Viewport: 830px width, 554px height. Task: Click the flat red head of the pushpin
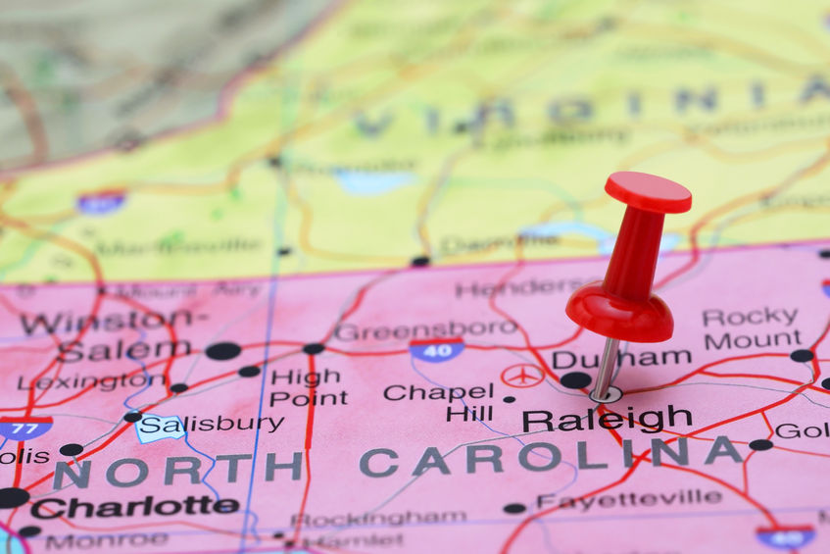(648, 191)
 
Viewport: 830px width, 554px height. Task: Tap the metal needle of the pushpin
(606, 368)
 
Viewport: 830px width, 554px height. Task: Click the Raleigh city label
(607, 420)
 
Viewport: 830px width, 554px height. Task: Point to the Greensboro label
(425, 330)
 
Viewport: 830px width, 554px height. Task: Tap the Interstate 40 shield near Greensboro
(437, 349)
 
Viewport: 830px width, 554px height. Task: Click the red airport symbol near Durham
(522, 376)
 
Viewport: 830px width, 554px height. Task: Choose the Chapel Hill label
(438, 402)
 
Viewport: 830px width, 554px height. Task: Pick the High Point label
(308, 387)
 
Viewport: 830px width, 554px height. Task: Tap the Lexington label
(92, 381)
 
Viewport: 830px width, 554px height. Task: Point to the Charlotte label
(134, 507)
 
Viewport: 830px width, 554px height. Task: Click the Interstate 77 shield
(25, 428)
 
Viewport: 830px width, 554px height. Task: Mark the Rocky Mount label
(752, 328)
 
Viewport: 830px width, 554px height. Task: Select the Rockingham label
(378, 518)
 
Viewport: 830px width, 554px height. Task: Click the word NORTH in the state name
(176, 469)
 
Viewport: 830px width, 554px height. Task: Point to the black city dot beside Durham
(575, 379)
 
